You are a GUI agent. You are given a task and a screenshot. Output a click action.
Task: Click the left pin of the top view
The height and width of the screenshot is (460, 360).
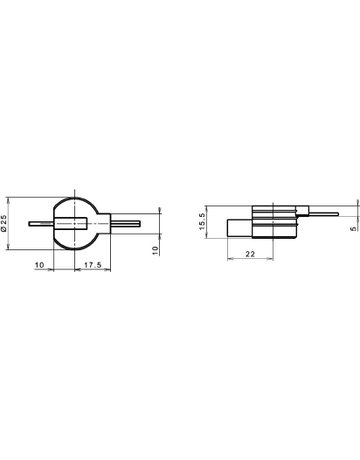click(x=42, y=223)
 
